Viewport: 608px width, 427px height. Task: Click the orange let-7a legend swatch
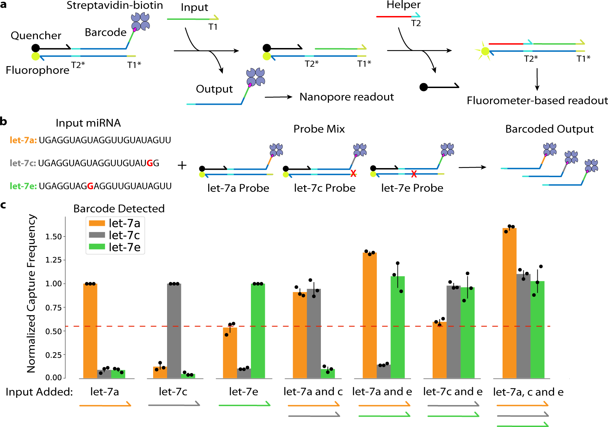(97, 223)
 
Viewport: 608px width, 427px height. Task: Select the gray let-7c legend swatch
(97, 235)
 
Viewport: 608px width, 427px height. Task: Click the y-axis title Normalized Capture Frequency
(31, 293)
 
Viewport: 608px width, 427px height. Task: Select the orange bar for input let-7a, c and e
(509, 303)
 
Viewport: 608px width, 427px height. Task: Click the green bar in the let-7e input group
(258, 331)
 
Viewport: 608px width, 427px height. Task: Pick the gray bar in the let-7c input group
(174, 331)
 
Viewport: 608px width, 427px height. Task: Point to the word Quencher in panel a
(36, 35)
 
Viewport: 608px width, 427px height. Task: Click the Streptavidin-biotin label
(115, 6)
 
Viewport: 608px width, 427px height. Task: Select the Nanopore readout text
(347, 97)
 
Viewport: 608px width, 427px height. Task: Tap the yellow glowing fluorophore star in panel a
(484, 52)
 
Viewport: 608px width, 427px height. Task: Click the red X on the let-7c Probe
(353, 173)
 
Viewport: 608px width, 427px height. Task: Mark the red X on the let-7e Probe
(414, 174)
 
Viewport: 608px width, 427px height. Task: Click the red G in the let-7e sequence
(90, 186)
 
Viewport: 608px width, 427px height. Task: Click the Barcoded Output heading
(549, 129)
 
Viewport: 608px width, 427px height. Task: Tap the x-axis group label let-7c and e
(453, 392)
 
